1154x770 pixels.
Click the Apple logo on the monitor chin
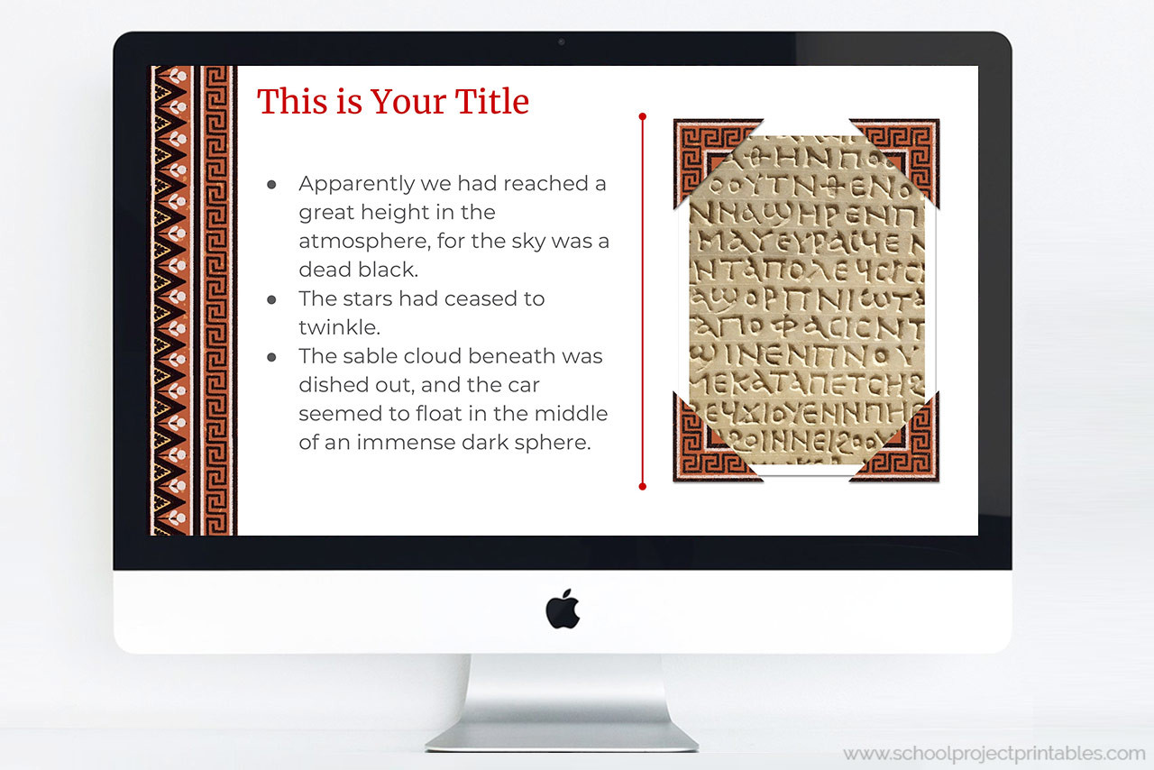coord(563,609)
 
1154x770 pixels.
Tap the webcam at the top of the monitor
coord(562,41)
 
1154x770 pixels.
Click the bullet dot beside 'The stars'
coord(271,299)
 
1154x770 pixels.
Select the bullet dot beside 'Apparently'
coord(271,184)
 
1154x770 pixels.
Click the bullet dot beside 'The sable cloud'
coord(271,357)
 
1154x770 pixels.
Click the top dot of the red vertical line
coord(643,116)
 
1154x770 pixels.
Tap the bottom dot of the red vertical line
coord(643,487)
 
